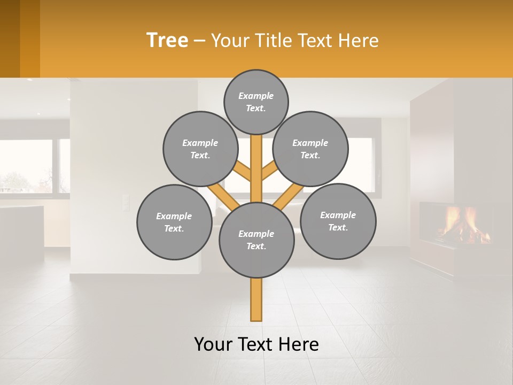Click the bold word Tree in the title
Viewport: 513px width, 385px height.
pos(167,41)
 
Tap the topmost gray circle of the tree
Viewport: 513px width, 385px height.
pos(256,102)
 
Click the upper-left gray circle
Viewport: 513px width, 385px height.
pos(200,149)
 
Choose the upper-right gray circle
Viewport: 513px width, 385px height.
pos(310,149)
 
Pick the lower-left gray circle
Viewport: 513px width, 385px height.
pos(174,222)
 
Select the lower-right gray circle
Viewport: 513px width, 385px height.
pos(338,221)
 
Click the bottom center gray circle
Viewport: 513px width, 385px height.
pos(256,240)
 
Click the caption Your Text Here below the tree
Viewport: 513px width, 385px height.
pos(256,344)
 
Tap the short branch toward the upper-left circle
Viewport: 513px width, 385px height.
pos(243,171)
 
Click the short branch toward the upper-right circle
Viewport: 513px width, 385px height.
pos(269,171)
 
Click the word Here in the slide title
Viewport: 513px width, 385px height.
pos(359,41)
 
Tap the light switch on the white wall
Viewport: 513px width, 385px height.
pos(126,203)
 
